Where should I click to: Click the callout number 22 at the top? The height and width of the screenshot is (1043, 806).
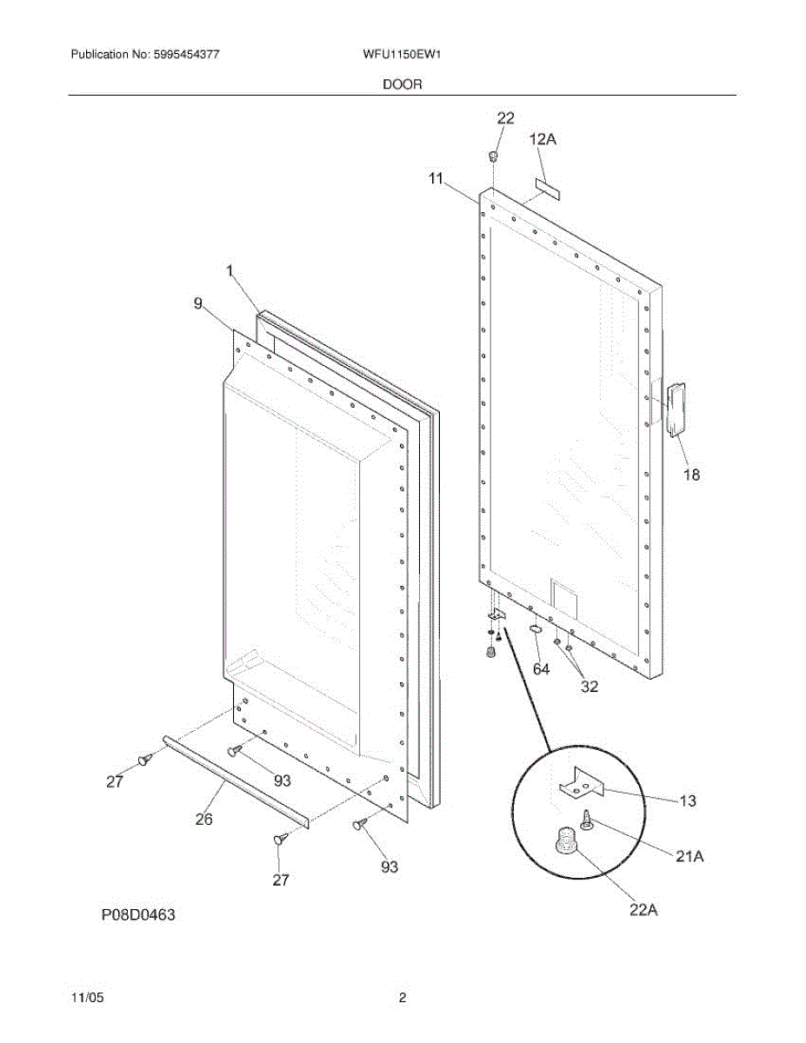pyautogui.click(x=505, y=118)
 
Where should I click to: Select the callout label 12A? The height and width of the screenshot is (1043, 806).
pyautogui.click(x=543, y=139)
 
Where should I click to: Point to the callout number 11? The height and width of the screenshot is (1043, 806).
pyautogui.click(x=436, y=179)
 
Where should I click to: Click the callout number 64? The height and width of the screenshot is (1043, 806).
pyautogui.click(x=542, y=668)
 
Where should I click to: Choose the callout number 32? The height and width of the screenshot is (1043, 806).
pyautogui.click(x=590, y=686)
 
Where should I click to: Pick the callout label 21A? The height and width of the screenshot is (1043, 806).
pyautogui.click(x=689, y=856)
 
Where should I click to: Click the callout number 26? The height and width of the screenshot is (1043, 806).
pyautogui.click(x=203, y=819)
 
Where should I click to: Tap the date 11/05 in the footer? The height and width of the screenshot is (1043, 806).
pyautogui.click(x=86, y=998)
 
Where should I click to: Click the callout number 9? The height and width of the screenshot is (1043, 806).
pyautogui.click(x=198, y=303)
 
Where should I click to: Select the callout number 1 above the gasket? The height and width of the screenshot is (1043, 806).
pyautogui.click(x=230, y=272)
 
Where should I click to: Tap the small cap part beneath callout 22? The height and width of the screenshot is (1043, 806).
pyautogui.click(x=493, y=156)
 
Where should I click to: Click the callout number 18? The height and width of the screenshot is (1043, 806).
pyautogui.click(x=691, y=475)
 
